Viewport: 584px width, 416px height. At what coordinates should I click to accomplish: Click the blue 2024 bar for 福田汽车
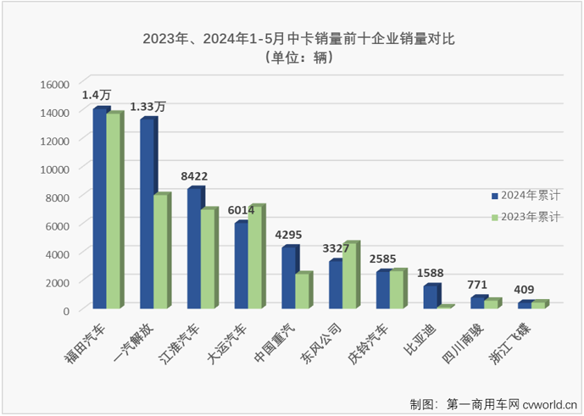[x=100, y=208]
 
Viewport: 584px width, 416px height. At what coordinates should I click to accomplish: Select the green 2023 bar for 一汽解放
[x=161, y=251]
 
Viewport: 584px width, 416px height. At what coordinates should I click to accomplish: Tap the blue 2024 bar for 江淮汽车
[x=195, y=247]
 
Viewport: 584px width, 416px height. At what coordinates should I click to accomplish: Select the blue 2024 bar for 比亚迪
[x=431, y=297]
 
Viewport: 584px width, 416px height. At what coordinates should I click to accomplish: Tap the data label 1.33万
[x=147, y=107]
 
